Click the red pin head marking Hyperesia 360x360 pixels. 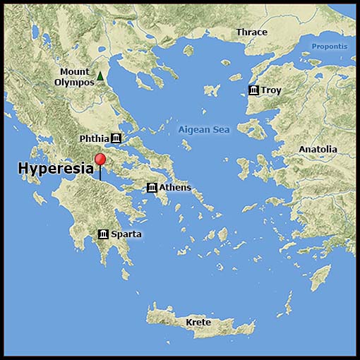click(100, 159)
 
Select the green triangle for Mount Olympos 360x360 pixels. click(100, 76)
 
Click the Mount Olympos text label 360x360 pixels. click(76, 76)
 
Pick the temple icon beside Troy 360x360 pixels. click(253, 90)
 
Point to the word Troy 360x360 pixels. click(270, 90)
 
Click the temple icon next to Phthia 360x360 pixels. click(116, 138)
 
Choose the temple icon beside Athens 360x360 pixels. click(152, 187)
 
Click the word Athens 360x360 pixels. click(175, 187)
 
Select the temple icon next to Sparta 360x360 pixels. click(103, 234)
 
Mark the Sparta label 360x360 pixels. click(126, 234)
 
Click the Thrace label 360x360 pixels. click(252, 32)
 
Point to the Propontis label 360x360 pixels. click(330, 47)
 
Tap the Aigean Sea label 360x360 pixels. click(205, 130)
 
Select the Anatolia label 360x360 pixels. click(318, 150)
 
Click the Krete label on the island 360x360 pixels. click(198, 323)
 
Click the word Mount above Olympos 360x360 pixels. click(75, 71)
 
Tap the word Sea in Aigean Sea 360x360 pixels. click(222, 130)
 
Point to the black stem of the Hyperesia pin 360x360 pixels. click(100, 173)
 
